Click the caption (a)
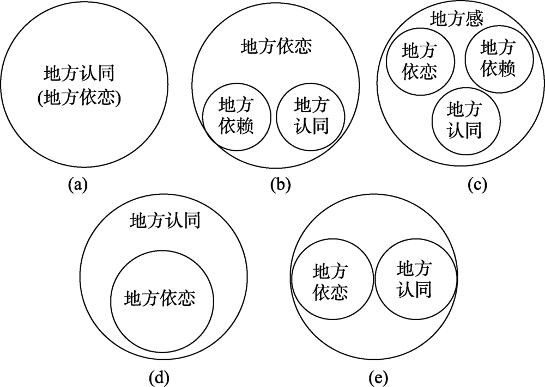77,185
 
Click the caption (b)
281,185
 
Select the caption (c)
476,185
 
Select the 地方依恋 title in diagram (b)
276,47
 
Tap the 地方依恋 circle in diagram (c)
420,62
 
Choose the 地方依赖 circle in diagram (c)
498,59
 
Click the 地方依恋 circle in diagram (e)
332,281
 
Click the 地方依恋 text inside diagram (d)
160,298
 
